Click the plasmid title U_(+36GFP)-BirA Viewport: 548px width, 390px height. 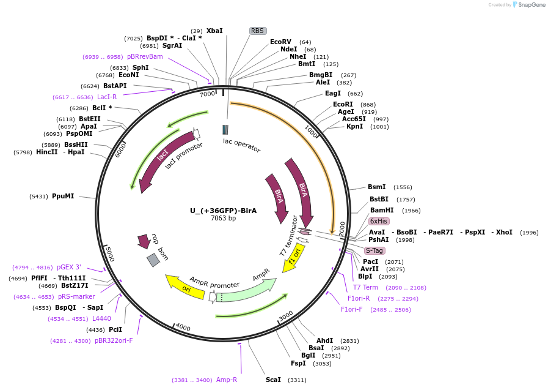pos(223,211)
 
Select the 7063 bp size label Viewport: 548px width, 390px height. pos(223,219)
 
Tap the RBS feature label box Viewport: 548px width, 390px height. pos(258,31)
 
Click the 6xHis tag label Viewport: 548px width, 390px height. pos(379,221)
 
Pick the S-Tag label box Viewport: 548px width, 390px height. pos(374,250)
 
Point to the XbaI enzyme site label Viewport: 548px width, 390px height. pos(214,31)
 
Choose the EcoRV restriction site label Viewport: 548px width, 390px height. pos(280,42)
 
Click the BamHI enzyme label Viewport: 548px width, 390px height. pos(382,210)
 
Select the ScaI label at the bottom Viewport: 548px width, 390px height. pos(273,380)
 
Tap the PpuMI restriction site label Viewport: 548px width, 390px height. pos(63,196)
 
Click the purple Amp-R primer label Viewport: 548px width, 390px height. pos(227,380)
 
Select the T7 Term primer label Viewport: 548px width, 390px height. pos(365,287)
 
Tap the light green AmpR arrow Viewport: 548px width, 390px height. pos(247,289)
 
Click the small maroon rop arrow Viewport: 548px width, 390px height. pos(144,241)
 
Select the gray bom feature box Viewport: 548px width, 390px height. pos(153,260)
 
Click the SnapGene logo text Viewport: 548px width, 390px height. pos(531,5)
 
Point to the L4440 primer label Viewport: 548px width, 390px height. pos(101,318)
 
